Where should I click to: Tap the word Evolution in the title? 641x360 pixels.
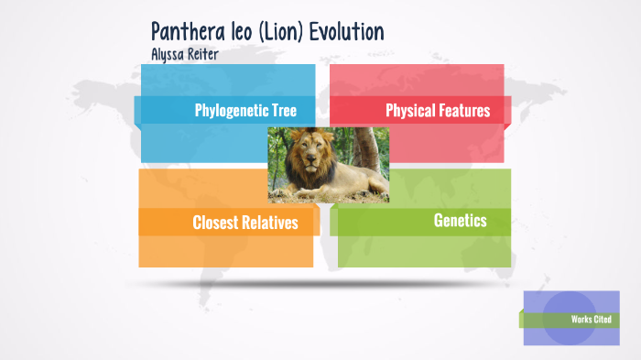point(346,31)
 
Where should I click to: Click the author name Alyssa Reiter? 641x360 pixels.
point(184,54)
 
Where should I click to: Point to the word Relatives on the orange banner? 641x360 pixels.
point(273,223)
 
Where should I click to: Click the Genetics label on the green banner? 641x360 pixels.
point(460,221)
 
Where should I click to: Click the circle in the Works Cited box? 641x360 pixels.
point(563,319)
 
